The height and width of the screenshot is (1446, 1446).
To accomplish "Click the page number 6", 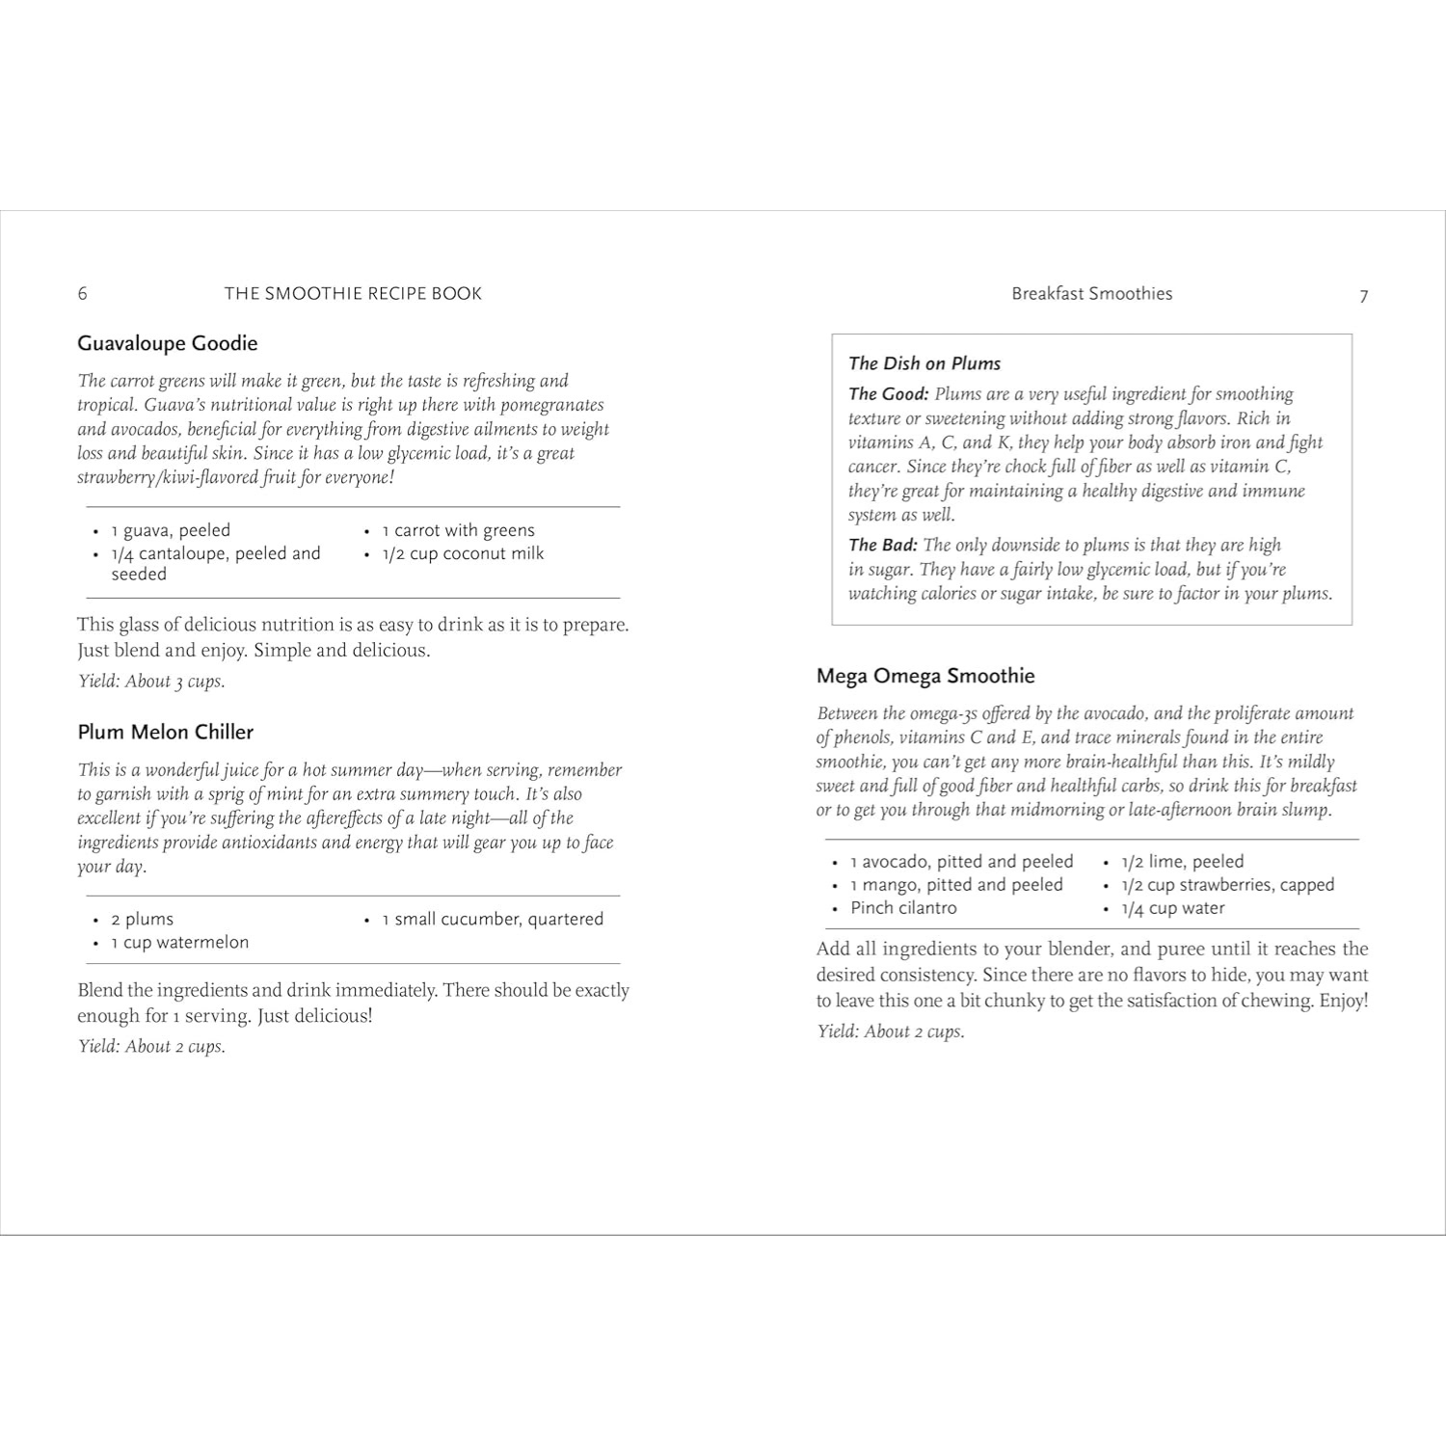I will pyautogui.click(x=83, y=294).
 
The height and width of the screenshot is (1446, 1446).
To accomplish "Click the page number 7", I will pyautogui.click(x=1363, y=296).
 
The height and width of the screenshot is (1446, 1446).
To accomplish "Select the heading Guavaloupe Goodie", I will pyautogui.click(x=167, y=343).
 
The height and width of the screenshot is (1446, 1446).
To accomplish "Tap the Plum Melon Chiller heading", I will pyautogui.click(x=165, y=732).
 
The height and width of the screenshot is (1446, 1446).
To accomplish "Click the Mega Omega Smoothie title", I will pyautogui.click(x=925, y=676).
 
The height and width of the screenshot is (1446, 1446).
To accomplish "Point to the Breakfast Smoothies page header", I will pyautogui.click(x=1091, y=294).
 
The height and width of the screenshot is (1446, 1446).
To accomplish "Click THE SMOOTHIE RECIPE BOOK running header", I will pyautogui.click(x=353, y=294).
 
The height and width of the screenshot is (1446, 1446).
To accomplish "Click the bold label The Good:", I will pyautogui.click(x=888, y=394).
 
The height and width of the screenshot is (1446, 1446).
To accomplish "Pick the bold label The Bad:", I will pyautogui.click(x=882, y=546).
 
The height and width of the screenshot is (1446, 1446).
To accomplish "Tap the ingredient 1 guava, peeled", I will pyautogui.click(x=171, y=530).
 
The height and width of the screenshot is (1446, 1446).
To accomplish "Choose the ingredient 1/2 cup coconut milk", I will pyautogui.click(x=463, y=553).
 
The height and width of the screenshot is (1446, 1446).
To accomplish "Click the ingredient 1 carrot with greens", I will pyautogui.click(x=458, y=530).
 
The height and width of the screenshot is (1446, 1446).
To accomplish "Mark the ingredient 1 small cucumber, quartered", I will pyautogui.click(x=493, y=920).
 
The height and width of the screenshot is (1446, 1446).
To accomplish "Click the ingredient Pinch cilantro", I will pyautogui.click(x=903, y=908).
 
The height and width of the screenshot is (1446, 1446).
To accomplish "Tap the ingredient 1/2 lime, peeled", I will pyautogui.click(x=1182, y=862).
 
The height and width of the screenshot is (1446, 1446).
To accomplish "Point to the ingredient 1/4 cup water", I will pyautogui.click(x=1172, y=908).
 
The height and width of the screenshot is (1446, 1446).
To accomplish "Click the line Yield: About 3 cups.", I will pyautogui.click(x=151, y=682).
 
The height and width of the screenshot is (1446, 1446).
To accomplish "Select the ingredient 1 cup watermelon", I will pyautogui.click(x=179, y=943).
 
